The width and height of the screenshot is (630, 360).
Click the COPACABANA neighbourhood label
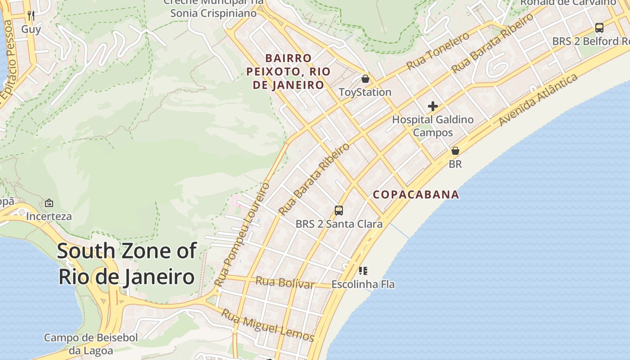(x=416, y=194)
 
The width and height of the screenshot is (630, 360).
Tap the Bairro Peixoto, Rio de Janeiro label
(x=288, y=72)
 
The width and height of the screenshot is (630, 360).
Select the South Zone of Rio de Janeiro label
(x=127, y=264)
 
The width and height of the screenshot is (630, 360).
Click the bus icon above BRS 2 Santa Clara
(x=339, y=210)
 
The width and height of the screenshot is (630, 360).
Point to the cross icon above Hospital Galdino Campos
(x=433, y=106)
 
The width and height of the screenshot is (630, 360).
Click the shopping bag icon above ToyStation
(x=365, y=79)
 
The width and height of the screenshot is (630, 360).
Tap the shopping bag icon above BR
(x=455, y=150)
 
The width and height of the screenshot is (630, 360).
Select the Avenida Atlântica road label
(x=538, y=100)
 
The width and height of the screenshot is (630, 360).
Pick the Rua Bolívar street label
(x=285, y=283)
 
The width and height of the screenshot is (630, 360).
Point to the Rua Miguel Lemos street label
(x=267, y=326)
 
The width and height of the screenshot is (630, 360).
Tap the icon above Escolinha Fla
(x=363, y=271)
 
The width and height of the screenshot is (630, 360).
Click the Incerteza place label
(x=49, y=216)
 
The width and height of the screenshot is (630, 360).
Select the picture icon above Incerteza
(x=49, y=203)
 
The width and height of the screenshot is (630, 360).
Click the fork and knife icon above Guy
(x=31, y=16)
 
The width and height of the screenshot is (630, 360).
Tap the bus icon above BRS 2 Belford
(x=599, y=28)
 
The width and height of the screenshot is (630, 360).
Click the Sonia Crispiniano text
(x=213, y=13)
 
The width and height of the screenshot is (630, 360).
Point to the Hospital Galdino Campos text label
(x=433, y=126)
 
